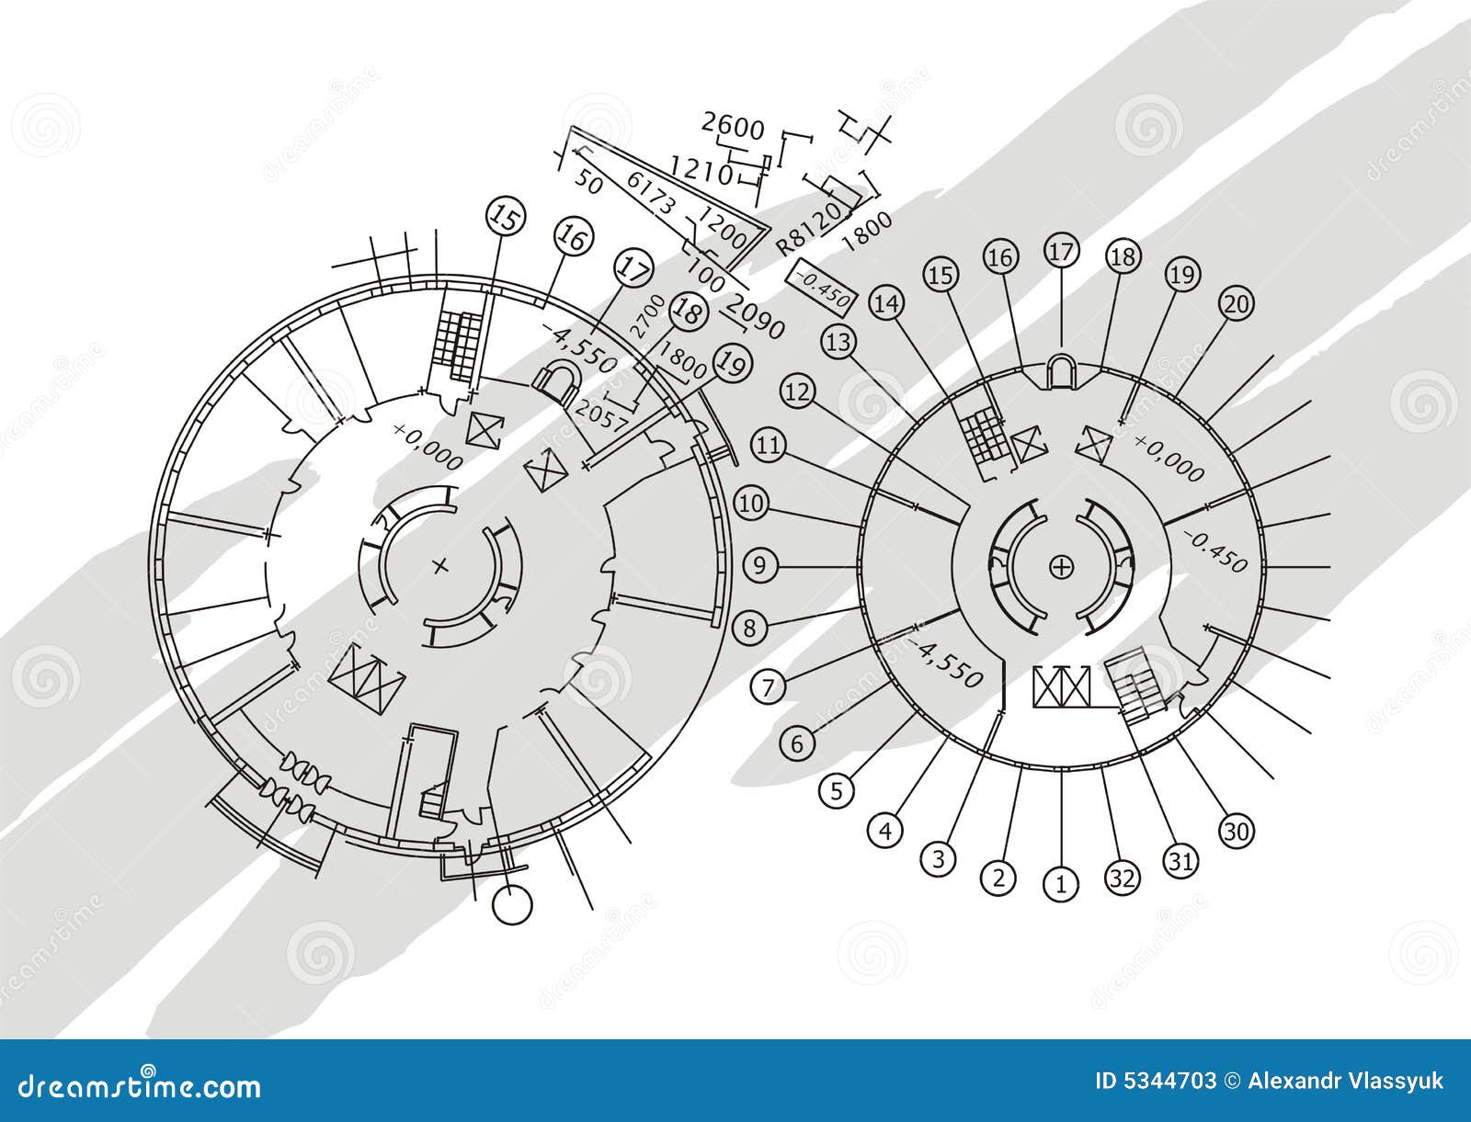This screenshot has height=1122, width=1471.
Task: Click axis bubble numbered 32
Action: (x=1121, y=878)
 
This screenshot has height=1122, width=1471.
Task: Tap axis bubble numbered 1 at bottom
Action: (x=1061, y=885)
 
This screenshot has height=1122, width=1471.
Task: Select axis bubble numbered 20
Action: (x=1236, y=305)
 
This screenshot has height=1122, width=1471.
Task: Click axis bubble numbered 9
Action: (x=759, y=565)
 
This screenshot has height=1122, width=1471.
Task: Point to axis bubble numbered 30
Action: (x=1235, y=832)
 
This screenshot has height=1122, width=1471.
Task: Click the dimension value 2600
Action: (x=733, y=126)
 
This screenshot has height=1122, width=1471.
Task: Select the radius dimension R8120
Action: (x=808, y=230)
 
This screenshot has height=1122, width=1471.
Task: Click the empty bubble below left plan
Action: (x=512, y=904)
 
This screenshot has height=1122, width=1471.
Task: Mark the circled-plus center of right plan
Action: (x=1061, y=567)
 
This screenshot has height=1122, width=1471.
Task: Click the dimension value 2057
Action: (x=599, y=418)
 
